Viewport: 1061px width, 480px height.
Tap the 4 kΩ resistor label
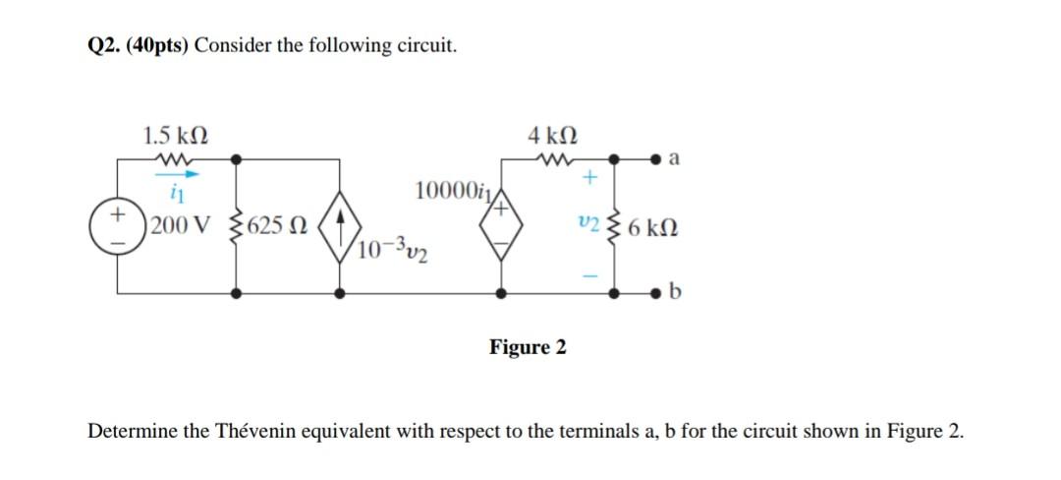[x=552, y=134]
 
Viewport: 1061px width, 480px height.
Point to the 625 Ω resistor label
[x=278, y=224]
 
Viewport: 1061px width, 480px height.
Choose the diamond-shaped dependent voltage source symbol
[x=503, y=224]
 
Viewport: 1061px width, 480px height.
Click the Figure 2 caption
[x=528, y=347]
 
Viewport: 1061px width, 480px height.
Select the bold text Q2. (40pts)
[x=133, y=46]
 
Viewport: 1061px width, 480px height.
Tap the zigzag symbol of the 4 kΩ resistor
[x=552, y=156]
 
